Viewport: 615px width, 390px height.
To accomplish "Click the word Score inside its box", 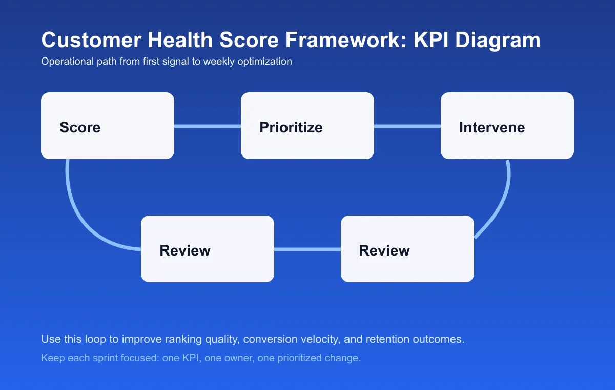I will pos(80,127).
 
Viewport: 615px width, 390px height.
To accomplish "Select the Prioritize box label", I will pos(291,127).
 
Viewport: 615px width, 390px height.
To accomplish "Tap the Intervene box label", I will pos(491,127).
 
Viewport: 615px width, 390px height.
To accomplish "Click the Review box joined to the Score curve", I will pos(185,250).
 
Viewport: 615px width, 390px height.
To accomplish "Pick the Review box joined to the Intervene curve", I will pos(384,250).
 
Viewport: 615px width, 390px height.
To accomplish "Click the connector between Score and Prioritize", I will pos(208,126).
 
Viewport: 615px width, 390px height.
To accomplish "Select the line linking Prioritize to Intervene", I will pos(407,126).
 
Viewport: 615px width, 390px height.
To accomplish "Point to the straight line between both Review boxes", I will pos(307,249).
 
